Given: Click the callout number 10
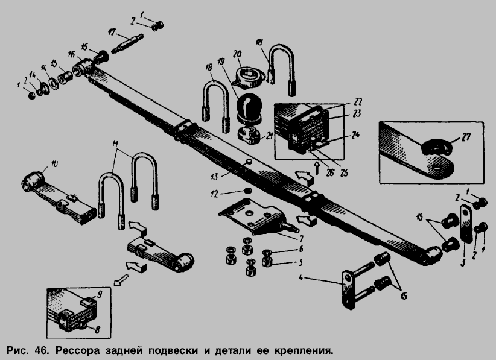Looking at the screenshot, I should point(54,163).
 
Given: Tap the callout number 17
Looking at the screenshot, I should point(112,32).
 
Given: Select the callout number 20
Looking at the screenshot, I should point(237,52).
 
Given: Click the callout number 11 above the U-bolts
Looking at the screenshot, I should point(116,143).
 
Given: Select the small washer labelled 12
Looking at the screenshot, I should point(247,192).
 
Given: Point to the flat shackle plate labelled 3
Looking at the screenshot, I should point(465,223).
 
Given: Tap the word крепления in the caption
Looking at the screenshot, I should point(304,350).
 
